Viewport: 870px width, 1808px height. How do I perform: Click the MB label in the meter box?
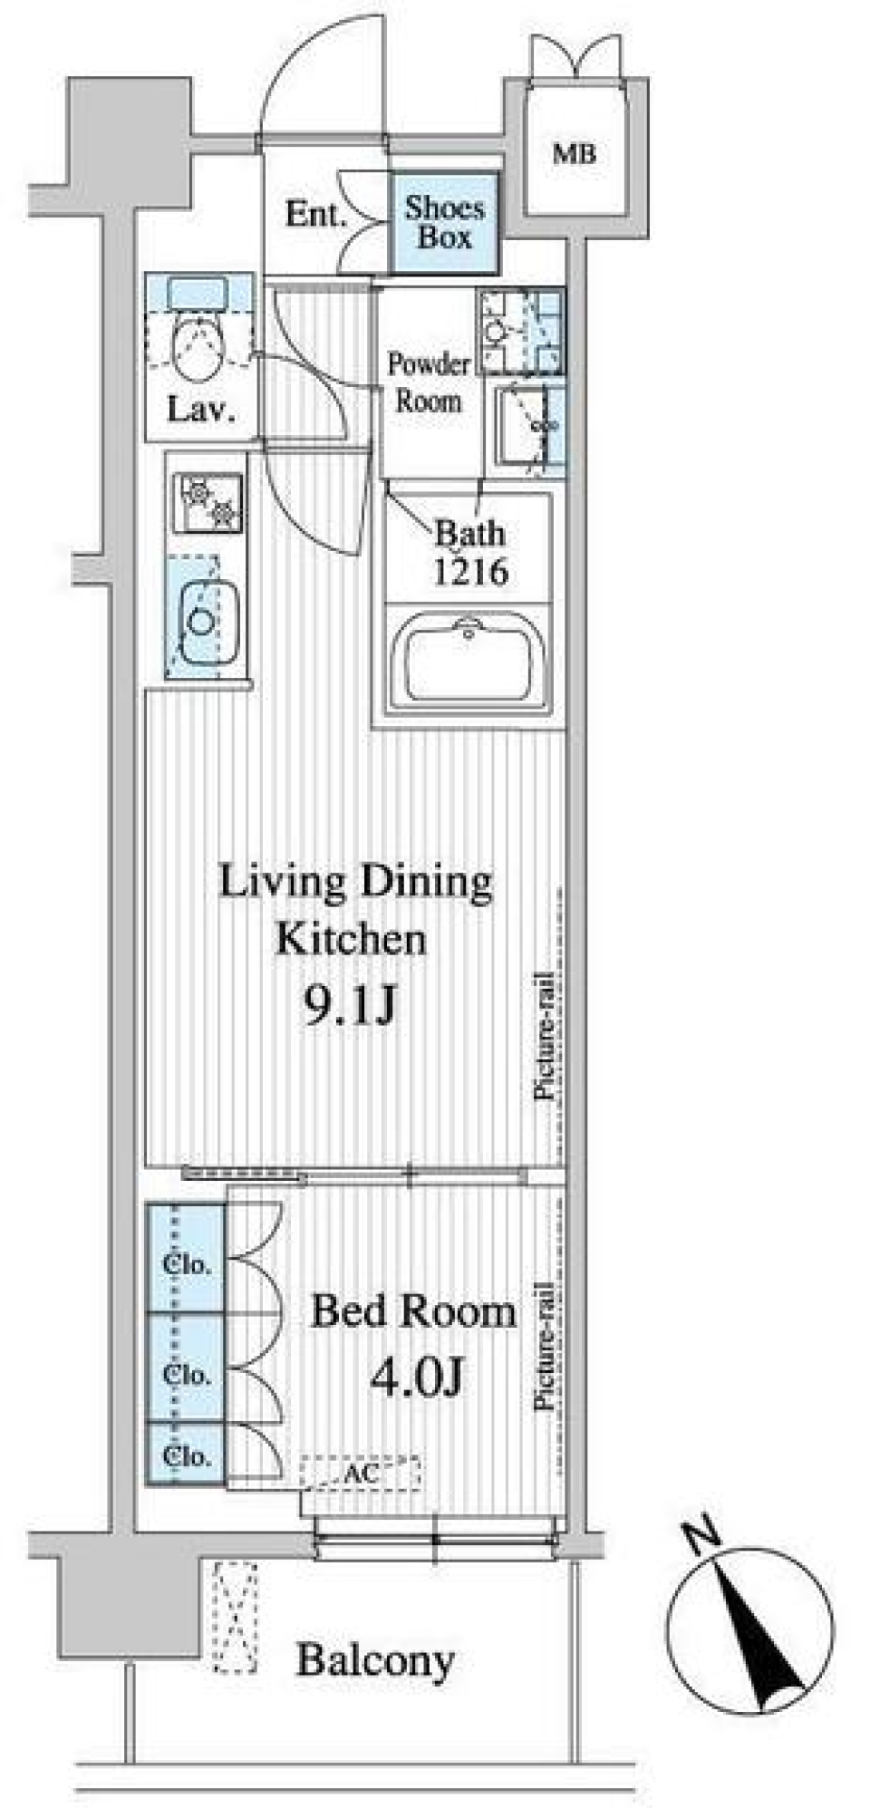click(575, 154)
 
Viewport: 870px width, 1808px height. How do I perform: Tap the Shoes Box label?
click(444, 223)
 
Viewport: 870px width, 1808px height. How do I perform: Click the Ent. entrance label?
click(315, 215)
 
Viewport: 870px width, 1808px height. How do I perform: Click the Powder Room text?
click(428, 382)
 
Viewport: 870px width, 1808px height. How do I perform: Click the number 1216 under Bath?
click(469, 572)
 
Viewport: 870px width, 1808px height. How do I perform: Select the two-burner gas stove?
click(210, 503)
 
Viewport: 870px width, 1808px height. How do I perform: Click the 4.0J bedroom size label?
click(418, 1378)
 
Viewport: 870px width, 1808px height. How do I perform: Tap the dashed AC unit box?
click(360, 1474)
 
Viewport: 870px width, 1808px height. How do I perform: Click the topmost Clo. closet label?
click(187, 1263)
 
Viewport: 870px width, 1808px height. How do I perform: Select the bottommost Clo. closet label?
click(187, 1457)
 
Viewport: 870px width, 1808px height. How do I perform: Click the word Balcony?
click(375, 1661)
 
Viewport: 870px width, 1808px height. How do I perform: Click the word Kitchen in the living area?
click(351, 939)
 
